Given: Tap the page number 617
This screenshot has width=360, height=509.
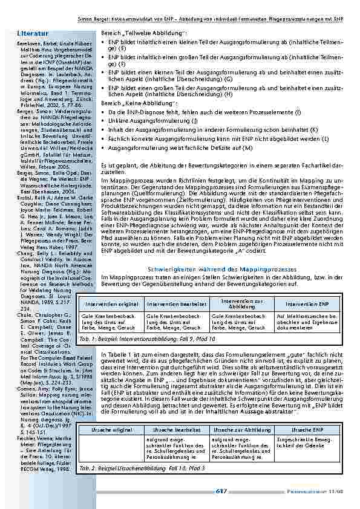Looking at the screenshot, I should point(221,491).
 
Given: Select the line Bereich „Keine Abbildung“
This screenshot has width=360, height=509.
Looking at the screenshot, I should point(133,103).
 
